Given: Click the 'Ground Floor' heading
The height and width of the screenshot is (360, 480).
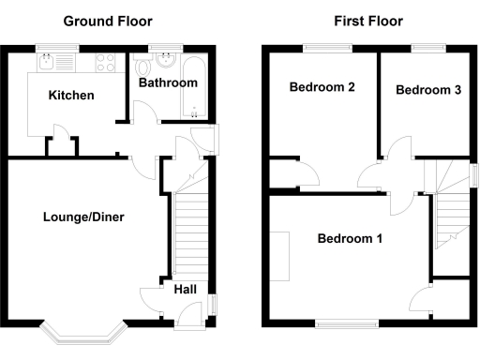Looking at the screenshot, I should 107,21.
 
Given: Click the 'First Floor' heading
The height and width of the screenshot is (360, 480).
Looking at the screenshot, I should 367,21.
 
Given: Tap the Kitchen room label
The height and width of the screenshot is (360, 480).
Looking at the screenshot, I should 71,95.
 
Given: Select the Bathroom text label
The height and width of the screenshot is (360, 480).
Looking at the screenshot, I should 168,82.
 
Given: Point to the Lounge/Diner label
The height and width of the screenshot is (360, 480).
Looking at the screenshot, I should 83,217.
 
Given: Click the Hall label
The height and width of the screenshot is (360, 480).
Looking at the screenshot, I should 185,289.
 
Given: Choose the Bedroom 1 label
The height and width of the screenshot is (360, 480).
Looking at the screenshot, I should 350,238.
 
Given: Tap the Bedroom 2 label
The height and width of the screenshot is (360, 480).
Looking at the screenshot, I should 322,88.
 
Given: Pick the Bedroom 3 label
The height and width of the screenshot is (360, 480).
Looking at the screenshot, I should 427,90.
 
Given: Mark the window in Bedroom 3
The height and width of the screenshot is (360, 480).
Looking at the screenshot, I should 427,46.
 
